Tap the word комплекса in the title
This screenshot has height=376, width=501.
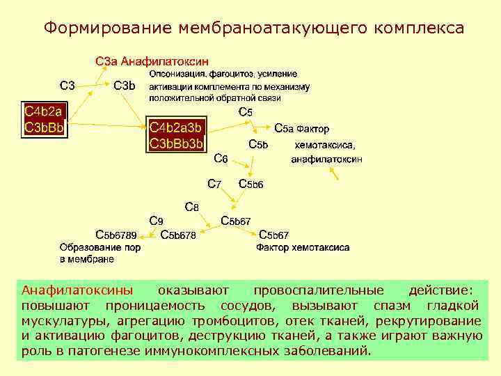(419, 28)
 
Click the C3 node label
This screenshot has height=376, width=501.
(67, 86)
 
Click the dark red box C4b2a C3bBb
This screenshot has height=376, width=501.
(45, 119)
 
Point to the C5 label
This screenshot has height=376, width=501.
(246, 111)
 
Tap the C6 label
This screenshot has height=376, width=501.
(221, 158)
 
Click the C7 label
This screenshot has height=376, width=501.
(215, 184)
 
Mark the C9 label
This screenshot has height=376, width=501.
(157, 221)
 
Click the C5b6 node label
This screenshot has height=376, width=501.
(250, 184)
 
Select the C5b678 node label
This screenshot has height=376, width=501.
(178, 235)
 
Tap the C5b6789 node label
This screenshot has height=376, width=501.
(116, 235)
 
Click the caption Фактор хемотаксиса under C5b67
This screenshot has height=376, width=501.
(303, 247)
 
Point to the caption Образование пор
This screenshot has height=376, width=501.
(101, 247)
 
